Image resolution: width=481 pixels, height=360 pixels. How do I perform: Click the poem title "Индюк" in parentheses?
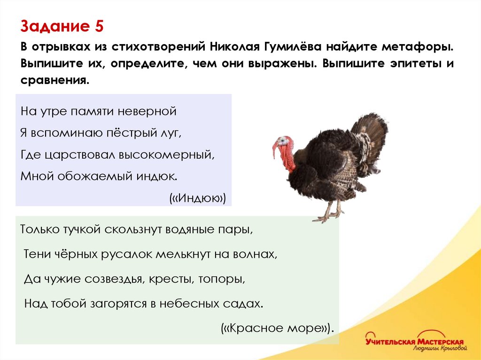198,198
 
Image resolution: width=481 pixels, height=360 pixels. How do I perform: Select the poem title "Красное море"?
277,328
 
